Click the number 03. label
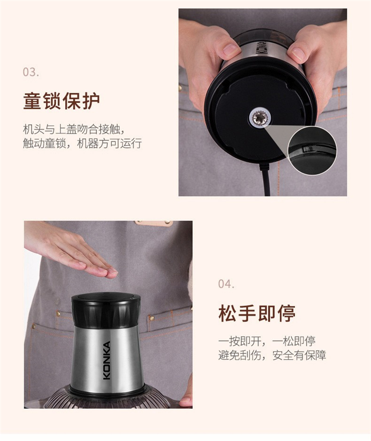pos(31,72)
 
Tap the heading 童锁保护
pos(61,101)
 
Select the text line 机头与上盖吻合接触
pos(74,130)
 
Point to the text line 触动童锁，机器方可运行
pos(82,144)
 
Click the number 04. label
pos(226,284)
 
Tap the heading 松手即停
pos(257,313)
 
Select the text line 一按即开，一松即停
pos(267,342)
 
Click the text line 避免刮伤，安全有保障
pos(272,355)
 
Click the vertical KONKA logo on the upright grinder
pos(107,360)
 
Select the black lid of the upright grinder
pos(106,310)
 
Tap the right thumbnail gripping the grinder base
pos(298,53)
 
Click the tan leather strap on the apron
pos(154,223)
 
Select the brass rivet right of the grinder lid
pos(152,318)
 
